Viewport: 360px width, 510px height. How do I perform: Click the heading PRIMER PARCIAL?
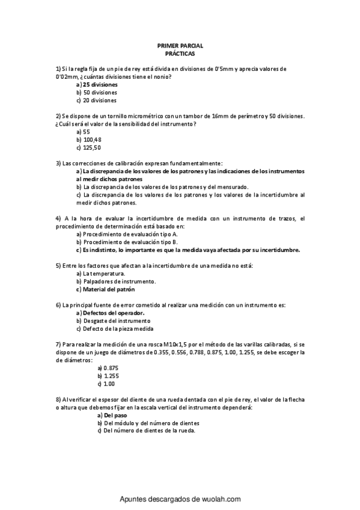tap(180, 46)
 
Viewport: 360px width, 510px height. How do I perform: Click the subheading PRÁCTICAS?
tap(180, 54)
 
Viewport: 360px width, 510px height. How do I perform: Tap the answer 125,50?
tap(92, 147)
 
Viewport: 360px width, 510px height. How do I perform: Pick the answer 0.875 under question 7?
tap(111, 367)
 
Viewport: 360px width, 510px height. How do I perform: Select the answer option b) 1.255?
tap(111, 375)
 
